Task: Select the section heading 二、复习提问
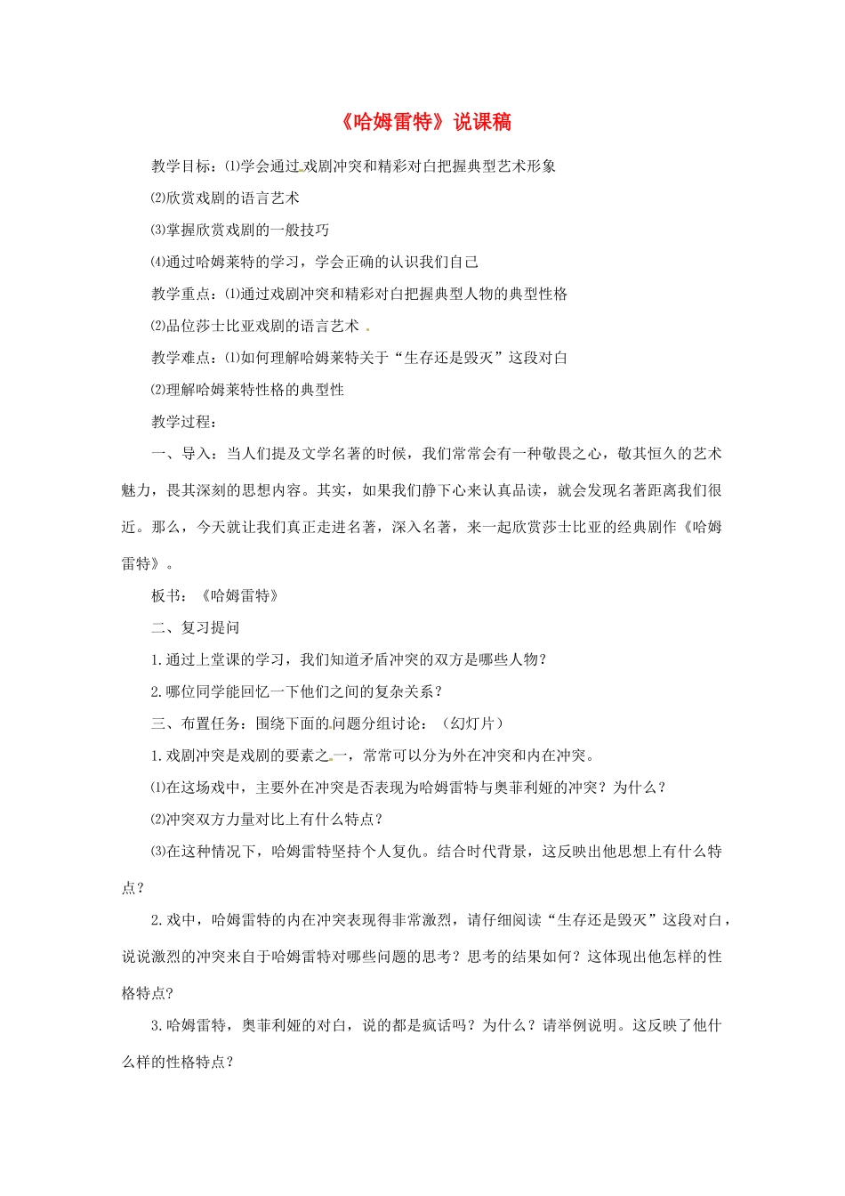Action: pos(196,627)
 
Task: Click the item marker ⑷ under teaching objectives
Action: pos(158,262)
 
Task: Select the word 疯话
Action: pos(444,1025)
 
